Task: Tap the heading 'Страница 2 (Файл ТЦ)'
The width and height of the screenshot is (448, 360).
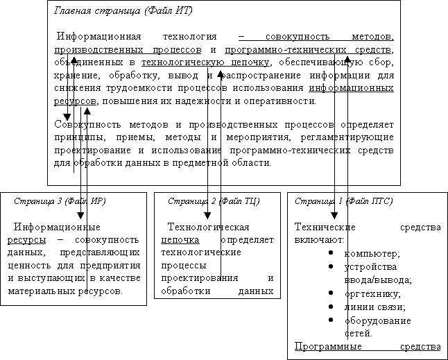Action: pyautogui.click(x=214, y=201)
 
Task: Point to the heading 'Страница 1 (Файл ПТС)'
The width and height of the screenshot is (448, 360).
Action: pyautogui.click(x=343, y=201)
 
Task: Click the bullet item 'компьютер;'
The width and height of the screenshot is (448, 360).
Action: pyautogui.click(x=372, y=254)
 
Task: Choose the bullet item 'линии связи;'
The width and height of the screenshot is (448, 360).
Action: pyautogui.click(x=374, y=307)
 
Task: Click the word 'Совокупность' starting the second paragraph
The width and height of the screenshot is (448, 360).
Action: pyautogui.click(x=83, y=124)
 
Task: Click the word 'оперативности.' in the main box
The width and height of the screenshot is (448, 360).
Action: pyautogui.click(x=281, y=101)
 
